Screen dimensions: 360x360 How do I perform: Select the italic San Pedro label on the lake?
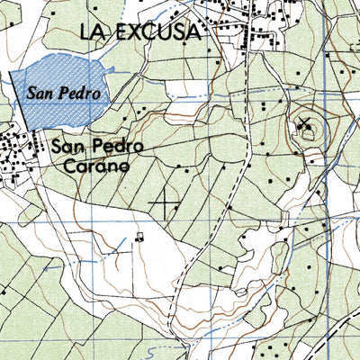tap(62, 91)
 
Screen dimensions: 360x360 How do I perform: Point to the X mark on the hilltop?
tap(304, 123)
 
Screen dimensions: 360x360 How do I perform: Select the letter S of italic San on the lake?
tap(31, 91)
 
